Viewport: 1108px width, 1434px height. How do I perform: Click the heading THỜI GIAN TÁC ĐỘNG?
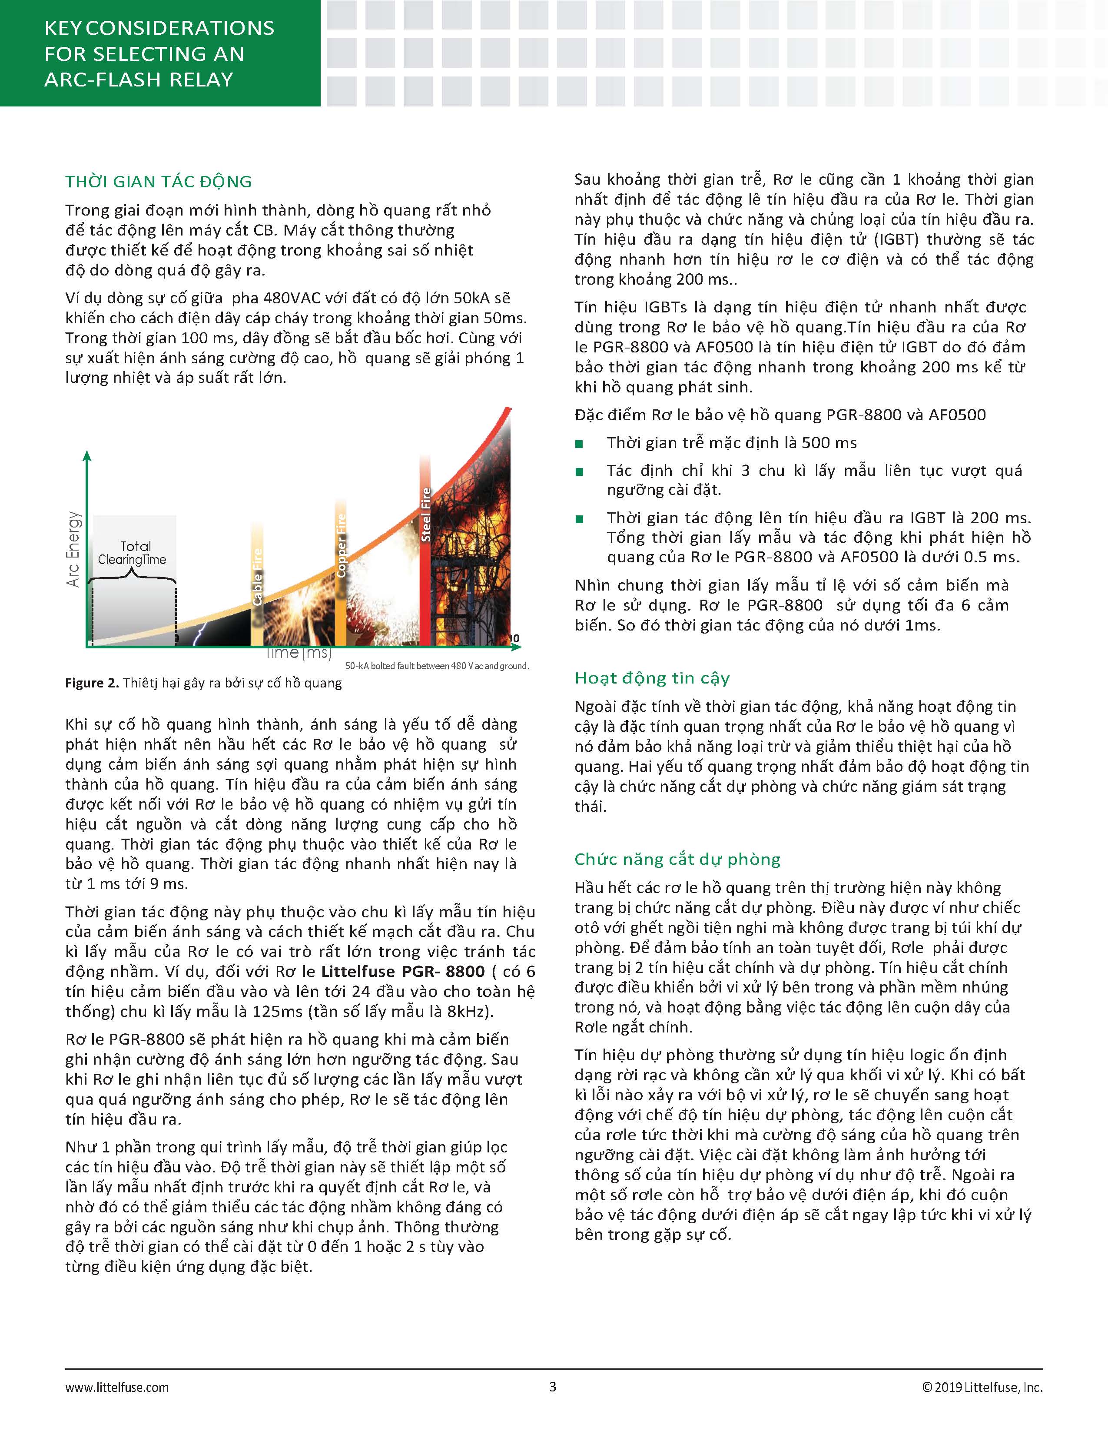click(158, 182)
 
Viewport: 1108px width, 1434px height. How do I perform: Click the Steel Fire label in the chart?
click(426, 514)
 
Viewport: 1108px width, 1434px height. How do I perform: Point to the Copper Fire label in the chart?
click(341, 545)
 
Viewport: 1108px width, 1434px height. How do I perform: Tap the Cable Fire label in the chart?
click(257, 577)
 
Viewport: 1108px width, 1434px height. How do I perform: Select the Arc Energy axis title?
click(73, 549)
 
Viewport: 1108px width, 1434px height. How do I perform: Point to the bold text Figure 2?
click(91, 684)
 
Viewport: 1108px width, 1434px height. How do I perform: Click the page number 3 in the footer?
click(553, 1387)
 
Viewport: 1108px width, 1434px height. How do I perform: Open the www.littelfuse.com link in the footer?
click(117, 1388)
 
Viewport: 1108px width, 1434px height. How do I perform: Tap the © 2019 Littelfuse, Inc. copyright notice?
click(982, 1388)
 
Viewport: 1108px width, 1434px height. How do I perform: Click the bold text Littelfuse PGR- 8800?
click(402, 972)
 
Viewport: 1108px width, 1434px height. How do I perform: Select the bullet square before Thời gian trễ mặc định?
click(579, 444)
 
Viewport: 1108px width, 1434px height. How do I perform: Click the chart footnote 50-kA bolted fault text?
click(437, 666)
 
